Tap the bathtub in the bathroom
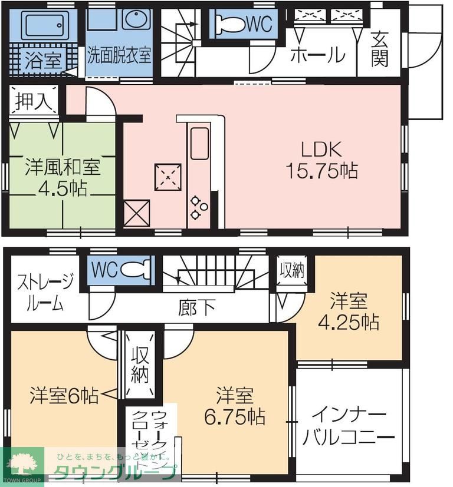41,25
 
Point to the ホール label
317,55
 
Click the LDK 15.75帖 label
321,160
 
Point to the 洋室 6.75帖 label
234,406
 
